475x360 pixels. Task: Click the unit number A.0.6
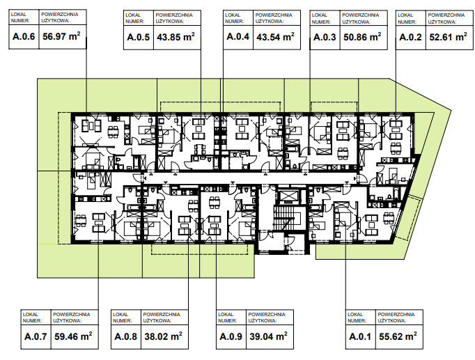point(24,37)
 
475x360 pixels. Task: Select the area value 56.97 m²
point(61,36)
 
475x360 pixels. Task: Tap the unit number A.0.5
point(138,37)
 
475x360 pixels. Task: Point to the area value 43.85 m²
point(176,37)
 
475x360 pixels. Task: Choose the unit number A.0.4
point(238,37)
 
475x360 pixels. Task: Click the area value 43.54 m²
point(275,37)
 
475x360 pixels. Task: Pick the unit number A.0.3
point(325,37)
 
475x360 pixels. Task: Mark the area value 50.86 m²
point(362,37)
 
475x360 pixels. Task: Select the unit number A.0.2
point(410,37)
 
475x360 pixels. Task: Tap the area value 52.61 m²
point(448,37)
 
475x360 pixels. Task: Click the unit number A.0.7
point(36,336)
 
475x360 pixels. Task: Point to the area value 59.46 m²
point(73,336)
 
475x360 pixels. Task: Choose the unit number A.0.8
point(126,336)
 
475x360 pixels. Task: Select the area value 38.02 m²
point(163,336)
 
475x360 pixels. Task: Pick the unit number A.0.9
point(231,336)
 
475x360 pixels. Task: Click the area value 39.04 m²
point(268,336)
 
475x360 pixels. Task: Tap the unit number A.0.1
point(360,336)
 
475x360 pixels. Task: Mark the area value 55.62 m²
point(398,336)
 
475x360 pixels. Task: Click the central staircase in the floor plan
point(285,217)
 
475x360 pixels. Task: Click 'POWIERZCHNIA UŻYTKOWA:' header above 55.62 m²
point(396,318)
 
